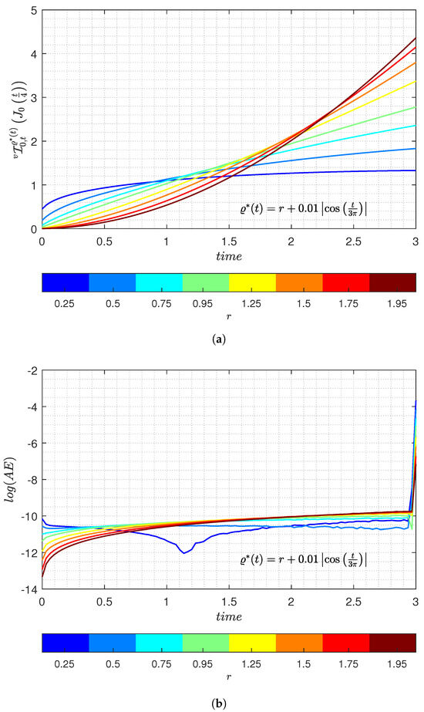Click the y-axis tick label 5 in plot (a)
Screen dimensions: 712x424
point(33,10)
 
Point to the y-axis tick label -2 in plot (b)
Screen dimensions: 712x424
point(31,371)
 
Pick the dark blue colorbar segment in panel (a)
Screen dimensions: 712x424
point(66,282)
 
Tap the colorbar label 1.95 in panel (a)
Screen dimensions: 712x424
point(392,304)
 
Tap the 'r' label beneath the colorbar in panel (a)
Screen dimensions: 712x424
point(229,318)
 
